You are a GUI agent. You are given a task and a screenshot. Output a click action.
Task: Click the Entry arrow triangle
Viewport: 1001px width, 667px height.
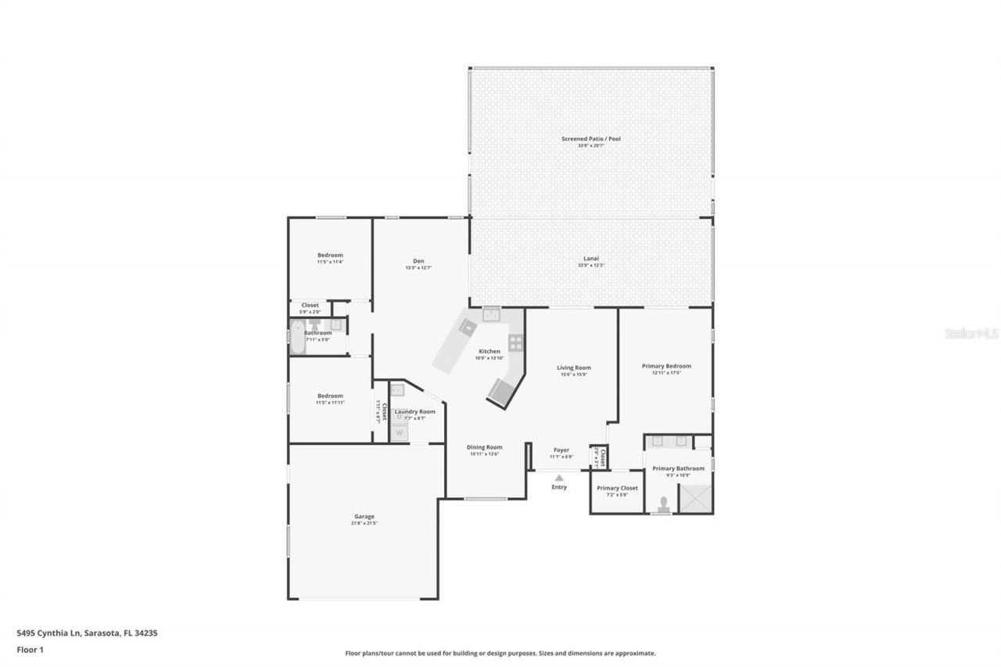click(x=559, y=478)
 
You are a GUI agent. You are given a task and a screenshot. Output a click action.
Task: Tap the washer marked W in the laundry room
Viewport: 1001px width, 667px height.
click(x=400, y=432)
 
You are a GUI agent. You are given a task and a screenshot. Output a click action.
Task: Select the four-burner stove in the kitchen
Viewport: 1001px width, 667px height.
click(x=515, y=342)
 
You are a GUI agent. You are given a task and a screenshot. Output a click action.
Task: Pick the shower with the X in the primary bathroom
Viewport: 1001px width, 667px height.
click(x=695, y=498)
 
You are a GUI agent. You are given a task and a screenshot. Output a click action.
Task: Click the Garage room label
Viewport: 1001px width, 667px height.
click(x=364, y=516)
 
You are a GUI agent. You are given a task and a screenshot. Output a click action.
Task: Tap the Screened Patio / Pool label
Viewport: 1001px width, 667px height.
click(x=590, y=138)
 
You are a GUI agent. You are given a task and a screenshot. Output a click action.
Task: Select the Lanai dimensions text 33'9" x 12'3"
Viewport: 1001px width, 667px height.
click(x=590, y=266)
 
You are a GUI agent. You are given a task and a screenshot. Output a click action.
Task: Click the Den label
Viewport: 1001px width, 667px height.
click(x=418, y=261)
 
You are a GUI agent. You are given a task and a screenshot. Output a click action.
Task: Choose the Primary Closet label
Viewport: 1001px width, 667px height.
click(x=617, y=488)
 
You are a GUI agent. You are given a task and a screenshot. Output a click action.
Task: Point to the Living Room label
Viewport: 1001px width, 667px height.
click(x=573, y=368)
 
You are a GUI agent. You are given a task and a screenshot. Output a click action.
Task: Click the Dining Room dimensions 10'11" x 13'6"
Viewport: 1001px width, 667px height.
click(x=484, y=454)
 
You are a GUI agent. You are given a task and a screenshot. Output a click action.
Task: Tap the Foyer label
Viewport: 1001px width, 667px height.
click(x=561, y=450)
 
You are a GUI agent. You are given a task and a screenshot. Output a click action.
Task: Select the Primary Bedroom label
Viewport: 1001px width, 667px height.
click(x=666, y=366)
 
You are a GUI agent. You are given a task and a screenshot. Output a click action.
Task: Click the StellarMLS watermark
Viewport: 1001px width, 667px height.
click(x=971, y=333)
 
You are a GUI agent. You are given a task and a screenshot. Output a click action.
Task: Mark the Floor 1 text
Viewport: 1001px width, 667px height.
click(x=30, y=649)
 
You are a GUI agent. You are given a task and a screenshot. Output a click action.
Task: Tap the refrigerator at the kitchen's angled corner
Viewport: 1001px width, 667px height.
click(x=501, y=392)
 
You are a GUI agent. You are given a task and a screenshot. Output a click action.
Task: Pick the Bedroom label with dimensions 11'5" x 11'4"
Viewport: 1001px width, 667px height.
click(x=329, y=255)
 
